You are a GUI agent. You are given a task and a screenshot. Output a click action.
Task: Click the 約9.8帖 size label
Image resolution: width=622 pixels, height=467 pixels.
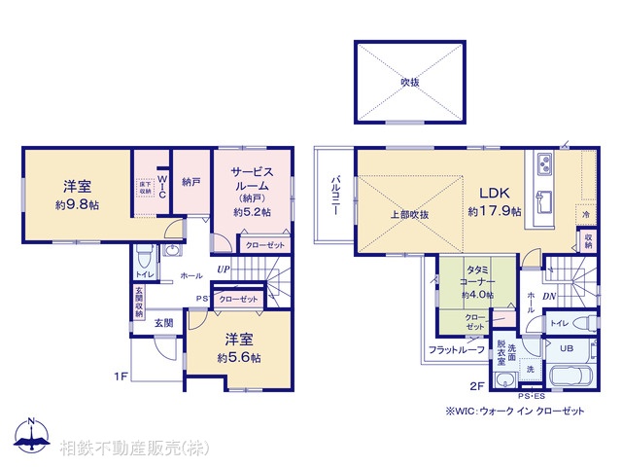(x=77, y=205)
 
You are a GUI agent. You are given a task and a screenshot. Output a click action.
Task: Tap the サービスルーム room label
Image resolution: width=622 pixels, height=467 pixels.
(x=252, y=177)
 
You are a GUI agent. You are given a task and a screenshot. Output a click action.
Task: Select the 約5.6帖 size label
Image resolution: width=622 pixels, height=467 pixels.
(x=240, y=357)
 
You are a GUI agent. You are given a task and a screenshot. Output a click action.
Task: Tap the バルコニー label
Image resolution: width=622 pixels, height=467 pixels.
(x=334, y=196)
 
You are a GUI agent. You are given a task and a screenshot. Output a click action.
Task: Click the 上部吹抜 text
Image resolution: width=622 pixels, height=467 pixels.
(x=411, y=214)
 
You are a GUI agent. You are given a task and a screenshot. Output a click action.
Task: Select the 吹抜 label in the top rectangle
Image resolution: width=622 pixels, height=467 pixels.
(x=410, y=82)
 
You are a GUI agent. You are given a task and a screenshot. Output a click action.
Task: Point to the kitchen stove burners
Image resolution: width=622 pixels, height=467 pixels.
(x=541, y=162)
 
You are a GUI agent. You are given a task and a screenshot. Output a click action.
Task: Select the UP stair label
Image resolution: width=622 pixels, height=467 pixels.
(x=224, y=269)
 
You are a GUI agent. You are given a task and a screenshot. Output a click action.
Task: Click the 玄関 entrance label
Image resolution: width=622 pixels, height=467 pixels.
(x=161, y=323)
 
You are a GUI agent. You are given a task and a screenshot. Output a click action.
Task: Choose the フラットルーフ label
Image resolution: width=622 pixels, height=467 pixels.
(x=456, y=349)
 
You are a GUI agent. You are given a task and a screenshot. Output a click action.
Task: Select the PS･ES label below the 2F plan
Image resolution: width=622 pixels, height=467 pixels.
(x=533, y=397)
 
